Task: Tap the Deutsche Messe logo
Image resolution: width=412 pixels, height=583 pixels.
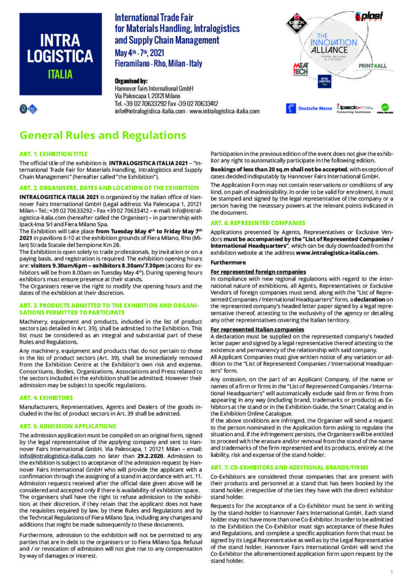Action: pos(309,108)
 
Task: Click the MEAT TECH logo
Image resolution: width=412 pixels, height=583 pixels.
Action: pos(300,69)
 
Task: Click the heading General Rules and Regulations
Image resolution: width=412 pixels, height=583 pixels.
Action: pos(103,135)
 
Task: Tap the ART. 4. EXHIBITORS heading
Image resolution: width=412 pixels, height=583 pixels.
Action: pos(46,397)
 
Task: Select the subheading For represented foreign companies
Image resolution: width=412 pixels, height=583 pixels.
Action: pos(258,272)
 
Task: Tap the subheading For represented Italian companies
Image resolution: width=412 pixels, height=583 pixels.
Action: pos(257,329)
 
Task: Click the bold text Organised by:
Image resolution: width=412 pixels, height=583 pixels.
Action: pos(131,80)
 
